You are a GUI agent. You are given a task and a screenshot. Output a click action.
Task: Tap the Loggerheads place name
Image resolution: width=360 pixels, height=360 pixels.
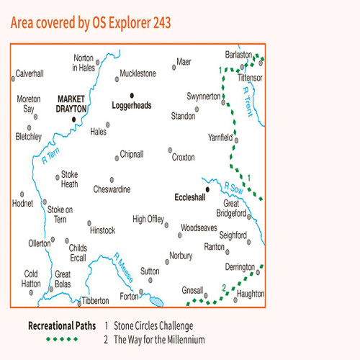tap(132, 105)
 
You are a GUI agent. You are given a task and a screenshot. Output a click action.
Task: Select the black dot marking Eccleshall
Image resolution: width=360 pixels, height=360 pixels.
tap(207, 190)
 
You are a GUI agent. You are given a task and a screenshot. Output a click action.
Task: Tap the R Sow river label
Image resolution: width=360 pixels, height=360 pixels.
tap(232, 188)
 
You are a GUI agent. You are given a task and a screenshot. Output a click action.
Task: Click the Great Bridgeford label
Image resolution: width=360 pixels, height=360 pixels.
tap(235, 210)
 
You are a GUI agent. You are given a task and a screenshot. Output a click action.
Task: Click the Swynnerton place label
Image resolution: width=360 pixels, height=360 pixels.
tap(202, 95)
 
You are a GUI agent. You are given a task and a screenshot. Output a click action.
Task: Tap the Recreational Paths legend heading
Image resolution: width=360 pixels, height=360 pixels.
tap(60, 325)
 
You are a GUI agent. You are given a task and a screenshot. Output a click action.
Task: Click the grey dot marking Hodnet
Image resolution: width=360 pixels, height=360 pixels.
tap(22, 194)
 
